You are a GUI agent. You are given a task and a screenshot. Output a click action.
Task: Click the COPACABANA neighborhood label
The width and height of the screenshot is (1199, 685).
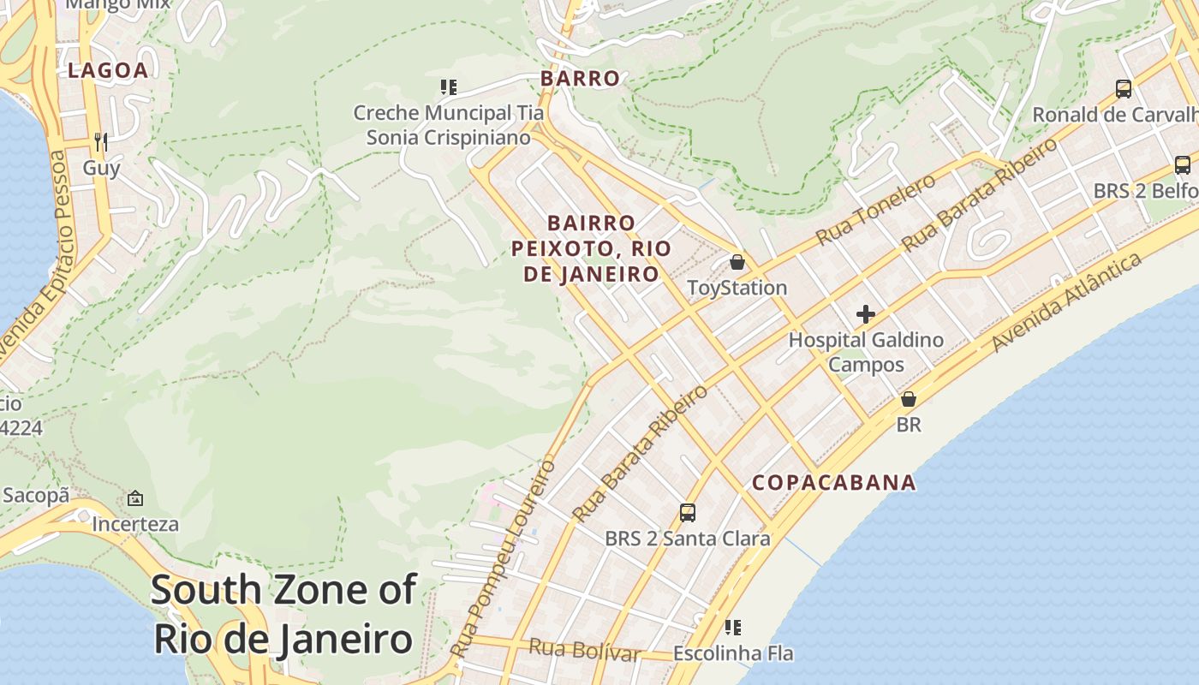pyautogui.click(x=833, y=483)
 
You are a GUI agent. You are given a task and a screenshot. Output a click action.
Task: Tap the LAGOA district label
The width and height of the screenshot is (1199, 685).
pyautogui.click(x=108, y=71)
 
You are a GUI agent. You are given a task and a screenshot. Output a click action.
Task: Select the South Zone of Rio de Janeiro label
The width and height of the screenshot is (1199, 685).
pyautogui.click(x=283, y=615)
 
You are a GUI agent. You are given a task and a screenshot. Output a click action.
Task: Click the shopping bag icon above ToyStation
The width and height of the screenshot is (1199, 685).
pyautogui.click(x=737, y=262)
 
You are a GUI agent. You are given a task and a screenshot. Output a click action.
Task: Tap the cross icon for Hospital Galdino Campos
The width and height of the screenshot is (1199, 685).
pyautogui.click(x=865, y=314)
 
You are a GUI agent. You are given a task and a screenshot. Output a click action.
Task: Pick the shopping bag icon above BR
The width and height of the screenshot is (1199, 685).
pyautogui.click(x=908, y=399)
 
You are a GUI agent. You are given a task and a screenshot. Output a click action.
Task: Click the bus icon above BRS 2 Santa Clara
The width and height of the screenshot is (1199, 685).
pyautogui.click(x=687, y=513)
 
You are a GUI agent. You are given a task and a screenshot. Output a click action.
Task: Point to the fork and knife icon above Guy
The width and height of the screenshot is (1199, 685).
pyautogui.click(x=101, y=141)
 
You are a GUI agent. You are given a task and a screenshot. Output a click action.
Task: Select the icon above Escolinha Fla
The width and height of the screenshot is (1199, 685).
pyautogui.click(x=732, y=628)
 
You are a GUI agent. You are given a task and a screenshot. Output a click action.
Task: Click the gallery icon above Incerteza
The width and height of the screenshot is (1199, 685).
pyautogui.click(x=135, y=498)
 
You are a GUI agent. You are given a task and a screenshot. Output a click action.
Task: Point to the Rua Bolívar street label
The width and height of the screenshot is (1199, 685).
pyautogui.click(x=584, y=650)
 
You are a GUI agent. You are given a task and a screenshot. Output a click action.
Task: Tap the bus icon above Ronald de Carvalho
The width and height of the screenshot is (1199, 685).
pyautogui.click(x=1123, y=88)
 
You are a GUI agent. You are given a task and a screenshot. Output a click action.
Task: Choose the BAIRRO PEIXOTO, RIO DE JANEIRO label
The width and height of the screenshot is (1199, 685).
pyautogui.click(x=591, y=248)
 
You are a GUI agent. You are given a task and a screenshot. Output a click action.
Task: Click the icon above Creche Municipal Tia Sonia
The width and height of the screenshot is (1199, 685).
pyautogui.click(x=448, y=86)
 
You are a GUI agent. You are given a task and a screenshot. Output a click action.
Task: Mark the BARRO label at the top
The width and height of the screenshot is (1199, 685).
pyautogui.click(x=580, y=79)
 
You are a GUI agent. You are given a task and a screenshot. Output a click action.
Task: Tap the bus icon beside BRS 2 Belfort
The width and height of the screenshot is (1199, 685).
pyautogui.click(x=1182, y=165)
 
